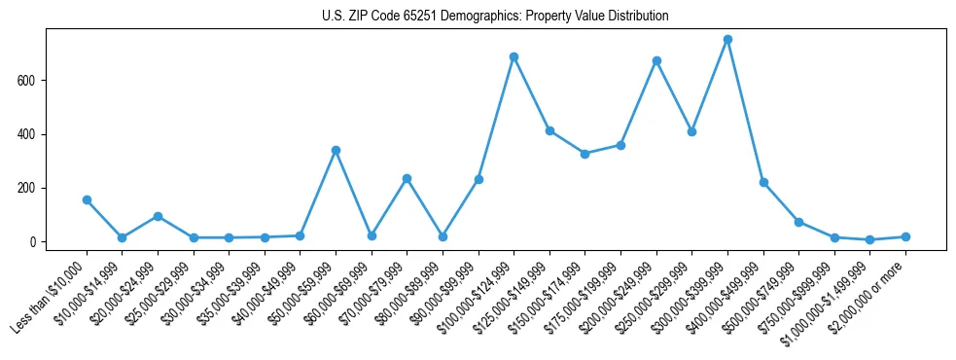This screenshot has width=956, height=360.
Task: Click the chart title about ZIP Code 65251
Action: click(x=495, y=17)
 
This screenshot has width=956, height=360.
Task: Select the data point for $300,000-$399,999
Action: click(x=727, y=40)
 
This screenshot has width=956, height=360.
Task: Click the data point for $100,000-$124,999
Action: click(x=513, y=57)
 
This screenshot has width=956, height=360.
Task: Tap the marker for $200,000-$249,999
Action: click(x=656, y=60)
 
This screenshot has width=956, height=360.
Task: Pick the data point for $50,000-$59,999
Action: click(x=336, y=150)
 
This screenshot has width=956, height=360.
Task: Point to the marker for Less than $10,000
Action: click(x=87, y=199)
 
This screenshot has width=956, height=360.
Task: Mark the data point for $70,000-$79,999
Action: click(x=407, y=178)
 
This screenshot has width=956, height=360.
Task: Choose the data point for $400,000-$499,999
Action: click(x=763, y=182)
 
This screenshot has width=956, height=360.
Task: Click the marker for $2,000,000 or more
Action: click(x=905, y=236)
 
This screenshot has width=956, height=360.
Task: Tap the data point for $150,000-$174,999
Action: click(x=584, y=154)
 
